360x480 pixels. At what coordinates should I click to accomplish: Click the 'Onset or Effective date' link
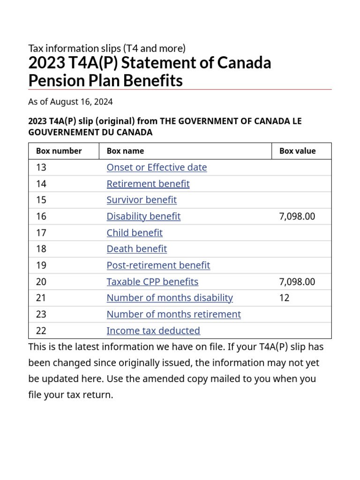(x=157, y=167)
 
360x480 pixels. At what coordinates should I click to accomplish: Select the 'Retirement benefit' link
(x=148, y=184)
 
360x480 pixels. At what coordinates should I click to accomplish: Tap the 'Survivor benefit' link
(x=142, y=200)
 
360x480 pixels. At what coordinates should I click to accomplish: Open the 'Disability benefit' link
(x=143, y=216)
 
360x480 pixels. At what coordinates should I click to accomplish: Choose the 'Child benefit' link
(x=135, y=232)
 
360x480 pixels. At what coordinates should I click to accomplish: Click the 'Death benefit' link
(x=136, y=249)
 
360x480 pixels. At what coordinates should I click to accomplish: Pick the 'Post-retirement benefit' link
(x=158, y=265)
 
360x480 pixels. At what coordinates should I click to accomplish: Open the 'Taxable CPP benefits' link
(x=152, y=282)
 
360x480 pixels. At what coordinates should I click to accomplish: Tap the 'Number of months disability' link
(x=170, y=298)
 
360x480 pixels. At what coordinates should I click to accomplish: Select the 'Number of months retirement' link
(x=173, y=314)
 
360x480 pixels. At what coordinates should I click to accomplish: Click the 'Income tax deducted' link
(x=153, y=330)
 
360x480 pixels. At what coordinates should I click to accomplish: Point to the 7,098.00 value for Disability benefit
(x=297, y=216)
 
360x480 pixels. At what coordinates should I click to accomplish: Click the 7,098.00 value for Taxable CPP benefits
(x=297, y=282)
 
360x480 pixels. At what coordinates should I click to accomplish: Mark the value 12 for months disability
(x=284, y=298)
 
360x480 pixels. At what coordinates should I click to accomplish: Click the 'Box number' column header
(x=59, y=151)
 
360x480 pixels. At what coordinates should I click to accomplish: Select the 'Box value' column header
(x=297, y=151)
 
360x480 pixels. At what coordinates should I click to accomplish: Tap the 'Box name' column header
(x=125, y=151)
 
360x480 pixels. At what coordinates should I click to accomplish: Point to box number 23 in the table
(x=41, y=314)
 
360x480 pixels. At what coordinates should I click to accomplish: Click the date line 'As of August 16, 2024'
(x=70, y=102)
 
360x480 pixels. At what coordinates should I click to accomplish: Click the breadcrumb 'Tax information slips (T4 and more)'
(x=107, y=48)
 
